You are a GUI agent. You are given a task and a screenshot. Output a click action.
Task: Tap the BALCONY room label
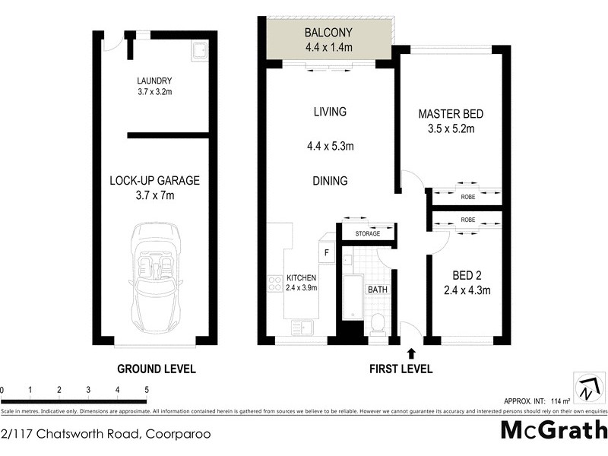329,33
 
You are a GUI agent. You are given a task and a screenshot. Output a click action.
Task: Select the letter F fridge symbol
327,252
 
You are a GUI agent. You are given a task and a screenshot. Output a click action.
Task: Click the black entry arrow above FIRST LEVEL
411,353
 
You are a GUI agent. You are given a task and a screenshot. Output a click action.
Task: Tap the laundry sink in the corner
198,52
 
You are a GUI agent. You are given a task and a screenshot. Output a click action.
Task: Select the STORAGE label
368,234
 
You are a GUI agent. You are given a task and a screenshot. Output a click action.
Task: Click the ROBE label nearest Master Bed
467,197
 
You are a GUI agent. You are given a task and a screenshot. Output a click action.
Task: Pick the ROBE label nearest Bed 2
467,220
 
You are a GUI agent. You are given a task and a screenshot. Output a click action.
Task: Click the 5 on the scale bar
147,390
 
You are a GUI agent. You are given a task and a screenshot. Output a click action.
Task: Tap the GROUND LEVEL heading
156,369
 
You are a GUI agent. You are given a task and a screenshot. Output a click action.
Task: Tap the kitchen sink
301,328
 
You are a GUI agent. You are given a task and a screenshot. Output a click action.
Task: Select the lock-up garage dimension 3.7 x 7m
154,196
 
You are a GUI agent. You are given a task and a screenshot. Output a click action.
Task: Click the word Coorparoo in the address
176,435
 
